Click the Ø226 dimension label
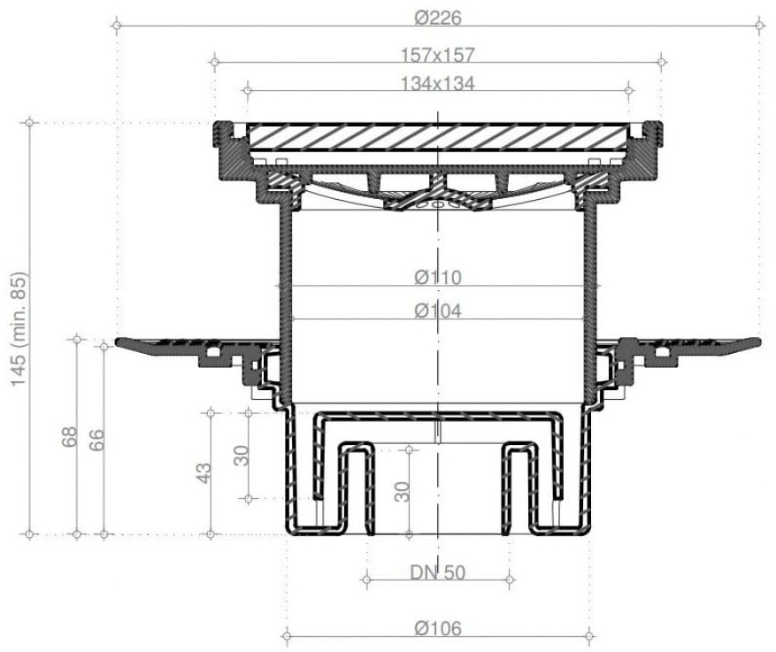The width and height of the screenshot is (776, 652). click(x=438, y=19)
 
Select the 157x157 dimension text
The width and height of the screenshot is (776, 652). click(x=437, y=55)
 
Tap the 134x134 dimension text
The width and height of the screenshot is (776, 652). click(x=437, y=84)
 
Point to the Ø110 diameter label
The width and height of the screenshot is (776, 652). click(x=438, y=278)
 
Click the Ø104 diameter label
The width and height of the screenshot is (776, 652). click(x=438, y=311)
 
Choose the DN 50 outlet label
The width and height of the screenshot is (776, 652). click(x=438, y=573)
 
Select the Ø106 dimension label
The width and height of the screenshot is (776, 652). click(x=438, y=629)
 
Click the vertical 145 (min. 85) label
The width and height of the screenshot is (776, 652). click(x=20, y=329)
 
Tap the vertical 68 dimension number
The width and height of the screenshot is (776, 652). click(x=70, y=437)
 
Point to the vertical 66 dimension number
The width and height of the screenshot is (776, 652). click(x=96, y=440)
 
